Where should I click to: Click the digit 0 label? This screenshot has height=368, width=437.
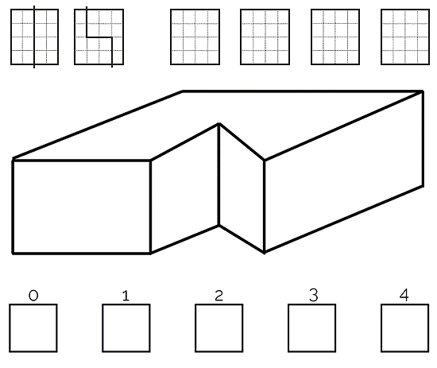[33, 295]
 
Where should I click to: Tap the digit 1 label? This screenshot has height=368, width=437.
[126, 296]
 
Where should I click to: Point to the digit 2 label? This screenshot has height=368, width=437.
[219, 296]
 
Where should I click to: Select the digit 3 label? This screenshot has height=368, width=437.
[314, 295]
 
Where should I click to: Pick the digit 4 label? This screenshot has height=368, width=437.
[404, 295]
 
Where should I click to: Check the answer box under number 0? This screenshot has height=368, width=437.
[33, 328]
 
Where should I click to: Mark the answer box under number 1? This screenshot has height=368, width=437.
[126, 328]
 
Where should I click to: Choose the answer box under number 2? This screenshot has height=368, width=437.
[219, 328]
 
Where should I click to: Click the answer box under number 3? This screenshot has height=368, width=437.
[312, 328]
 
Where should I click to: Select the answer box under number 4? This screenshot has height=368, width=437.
[405, 328]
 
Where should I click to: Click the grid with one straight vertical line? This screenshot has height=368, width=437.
[34, 37]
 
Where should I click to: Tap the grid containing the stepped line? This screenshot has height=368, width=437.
[99, 37]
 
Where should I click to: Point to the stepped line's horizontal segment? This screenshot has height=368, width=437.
[99, 37]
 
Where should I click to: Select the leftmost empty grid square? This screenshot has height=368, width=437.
[195, 37]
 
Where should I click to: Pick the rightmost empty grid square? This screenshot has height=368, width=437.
[405, 37]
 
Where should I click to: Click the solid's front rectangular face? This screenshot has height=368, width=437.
[81, 207]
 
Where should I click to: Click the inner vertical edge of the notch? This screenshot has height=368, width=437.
[219, 174]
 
